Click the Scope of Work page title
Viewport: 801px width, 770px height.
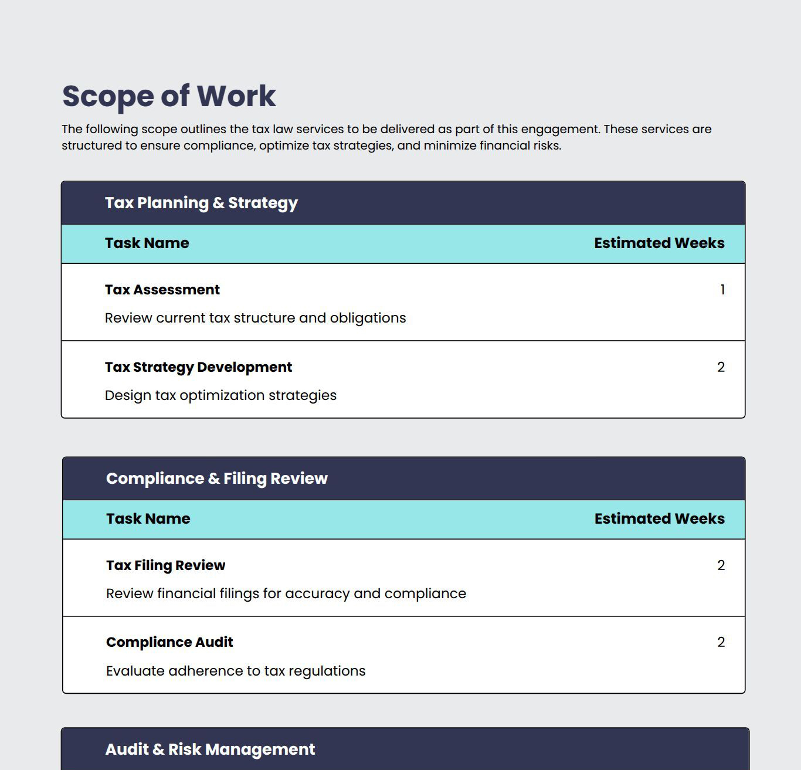click(x=169, y=96)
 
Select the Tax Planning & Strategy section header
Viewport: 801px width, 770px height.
click(x=201, y=203)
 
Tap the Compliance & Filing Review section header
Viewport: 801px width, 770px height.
click(x=216, y=479)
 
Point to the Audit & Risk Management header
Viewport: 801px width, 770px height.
click(x=210, y=749)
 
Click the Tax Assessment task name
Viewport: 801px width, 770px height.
click(x=162, y=290)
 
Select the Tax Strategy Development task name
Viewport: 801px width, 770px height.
click(x=198, y=367)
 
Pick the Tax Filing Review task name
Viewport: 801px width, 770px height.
click(x=165, y=565)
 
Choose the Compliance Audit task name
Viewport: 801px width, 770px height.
click(x=169, y=642)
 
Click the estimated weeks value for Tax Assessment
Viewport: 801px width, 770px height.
click(x=722, y=290)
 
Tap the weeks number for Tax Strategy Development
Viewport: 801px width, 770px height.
click(x=721, y=367)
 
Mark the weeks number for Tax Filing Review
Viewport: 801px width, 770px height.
click(x=721, y=565)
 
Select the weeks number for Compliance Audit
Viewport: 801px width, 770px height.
click(x=721, y=642)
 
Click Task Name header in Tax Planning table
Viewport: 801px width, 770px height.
click(x=147, y=243)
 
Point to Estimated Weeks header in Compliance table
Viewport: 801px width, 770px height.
click(x=659, y=519)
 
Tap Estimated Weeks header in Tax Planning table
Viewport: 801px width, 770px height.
click(x=659, y=243)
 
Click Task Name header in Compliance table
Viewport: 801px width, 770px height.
click(x=148, y=519)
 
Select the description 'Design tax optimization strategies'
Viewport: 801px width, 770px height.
click(x=220, y=395)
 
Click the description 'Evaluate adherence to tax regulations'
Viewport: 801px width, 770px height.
click(x=236, y=671)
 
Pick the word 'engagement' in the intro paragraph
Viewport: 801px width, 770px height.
click(x=560, y=130)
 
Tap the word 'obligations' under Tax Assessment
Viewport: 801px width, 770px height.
click(x=368, y=318)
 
